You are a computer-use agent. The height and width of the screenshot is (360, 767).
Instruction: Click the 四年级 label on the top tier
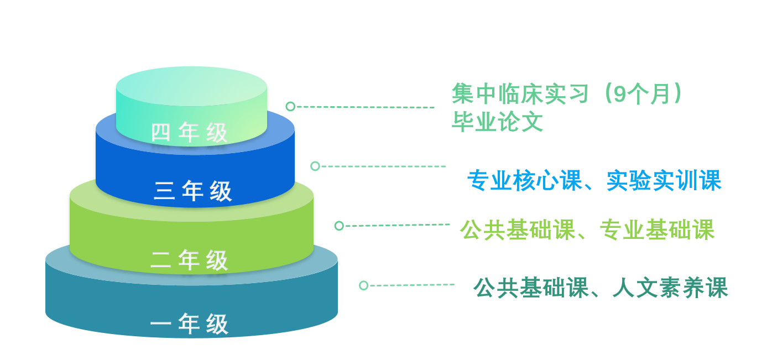189,132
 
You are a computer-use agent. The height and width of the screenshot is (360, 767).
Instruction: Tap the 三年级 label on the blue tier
193,191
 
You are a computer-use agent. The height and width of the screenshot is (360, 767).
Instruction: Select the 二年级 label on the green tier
189,260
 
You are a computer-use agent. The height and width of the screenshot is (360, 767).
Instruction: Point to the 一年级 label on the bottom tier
189,324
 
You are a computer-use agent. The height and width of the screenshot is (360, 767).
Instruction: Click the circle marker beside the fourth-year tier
290,106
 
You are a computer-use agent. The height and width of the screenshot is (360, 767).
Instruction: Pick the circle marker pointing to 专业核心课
315,166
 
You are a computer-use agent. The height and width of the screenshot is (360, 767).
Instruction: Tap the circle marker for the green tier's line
339,226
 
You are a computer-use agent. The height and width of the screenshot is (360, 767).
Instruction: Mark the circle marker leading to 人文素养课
364,285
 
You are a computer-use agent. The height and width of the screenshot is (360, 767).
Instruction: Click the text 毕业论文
498,122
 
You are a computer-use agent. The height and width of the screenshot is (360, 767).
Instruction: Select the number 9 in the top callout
619,93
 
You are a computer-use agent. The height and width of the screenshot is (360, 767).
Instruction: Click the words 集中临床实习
520,93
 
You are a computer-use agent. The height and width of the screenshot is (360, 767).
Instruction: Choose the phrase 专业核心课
525,180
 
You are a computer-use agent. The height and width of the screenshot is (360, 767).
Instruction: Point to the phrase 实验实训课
664,180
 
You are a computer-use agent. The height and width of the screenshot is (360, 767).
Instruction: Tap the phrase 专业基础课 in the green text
657,229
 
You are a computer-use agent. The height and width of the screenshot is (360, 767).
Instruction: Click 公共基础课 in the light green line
518,229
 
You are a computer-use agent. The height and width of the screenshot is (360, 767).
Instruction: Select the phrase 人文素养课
670,288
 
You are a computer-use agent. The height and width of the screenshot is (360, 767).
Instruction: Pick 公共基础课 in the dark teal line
531,288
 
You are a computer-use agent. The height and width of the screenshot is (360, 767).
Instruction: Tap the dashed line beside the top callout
366,107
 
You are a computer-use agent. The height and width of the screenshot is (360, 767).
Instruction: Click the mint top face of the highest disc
191,86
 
